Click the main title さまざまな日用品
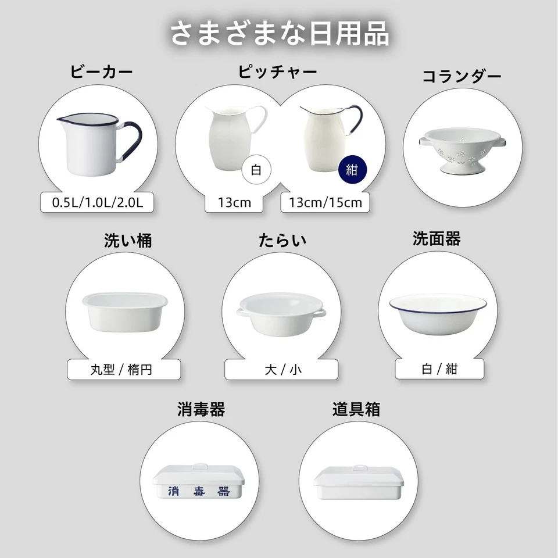(279, 33)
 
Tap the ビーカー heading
(102, 72)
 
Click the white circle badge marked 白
(256, 170)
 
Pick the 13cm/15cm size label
(325, 203)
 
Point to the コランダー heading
(462, 77)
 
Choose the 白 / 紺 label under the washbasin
(439, 369)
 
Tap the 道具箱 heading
(356, 409)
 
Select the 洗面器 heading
(437, 239)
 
